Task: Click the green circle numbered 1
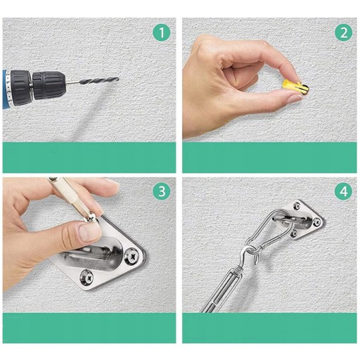pyautogui.click(x=162, y=32)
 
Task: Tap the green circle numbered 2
pyautogui.click(x=344, y=32)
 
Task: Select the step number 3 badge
pyautogui.click(x=162, y=191)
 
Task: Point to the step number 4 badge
pyautogui.click(x=344, y=191)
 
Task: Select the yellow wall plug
pyautogui.click(x=292, y=86)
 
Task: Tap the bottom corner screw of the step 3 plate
pyautogui.click(x=86, y=277)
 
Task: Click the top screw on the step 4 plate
pyautogui.click(x=297, y=206)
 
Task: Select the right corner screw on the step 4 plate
pyautogui.click(x=316, y=221)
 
